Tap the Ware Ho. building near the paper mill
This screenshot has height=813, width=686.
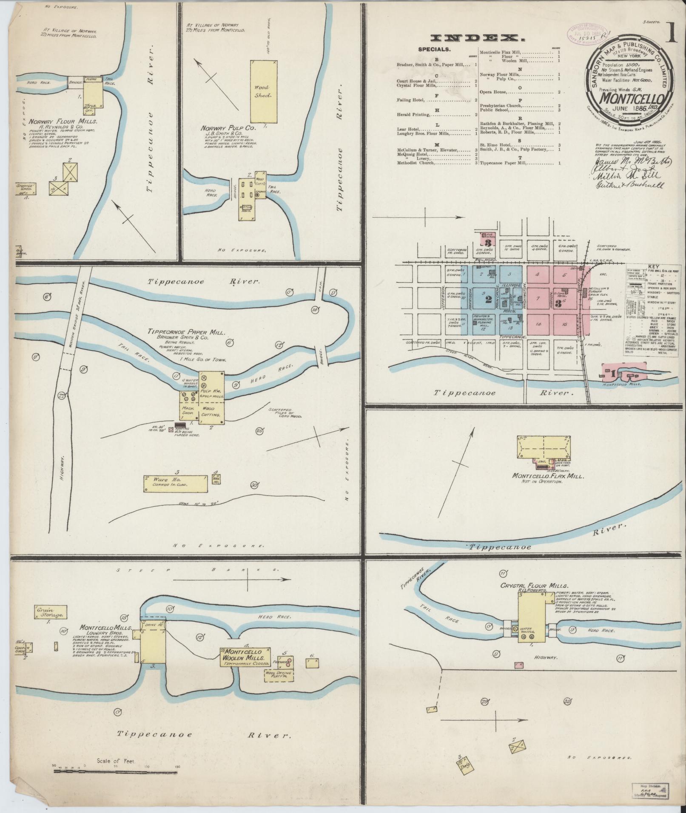point(176,484)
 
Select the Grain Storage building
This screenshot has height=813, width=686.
point(51,612)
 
